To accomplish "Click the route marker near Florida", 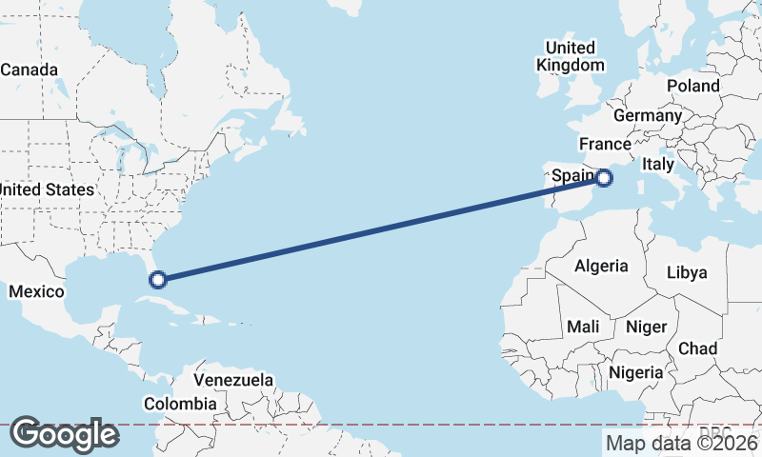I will click(158, 279).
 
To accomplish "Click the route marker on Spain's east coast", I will click(604, 177).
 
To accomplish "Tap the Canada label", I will click(29, 70).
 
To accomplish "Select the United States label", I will click(47, 189).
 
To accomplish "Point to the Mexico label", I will click(36, 291).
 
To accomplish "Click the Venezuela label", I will click(233, 380).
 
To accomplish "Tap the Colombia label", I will click(180, 404).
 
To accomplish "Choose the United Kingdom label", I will click(571, 56).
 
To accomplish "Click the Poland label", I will click(693, 86).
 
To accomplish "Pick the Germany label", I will click(648, 115).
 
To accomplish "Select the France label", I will click(606, 145).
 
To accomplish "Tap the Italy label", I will click(657, 164).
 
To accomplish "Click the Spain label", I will click(573, 175).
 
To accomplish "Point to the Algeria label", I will click(601, 266).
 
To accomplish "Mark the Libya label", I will click(687, 272).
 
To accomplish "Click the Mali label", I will click(583, 327).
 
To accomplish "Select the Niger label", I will click(646, 327).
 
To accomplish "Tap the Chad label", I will click(697, 348).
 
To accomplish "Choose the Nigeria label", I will click(634, 372).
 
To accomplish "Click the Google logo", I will click(65, 434).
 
